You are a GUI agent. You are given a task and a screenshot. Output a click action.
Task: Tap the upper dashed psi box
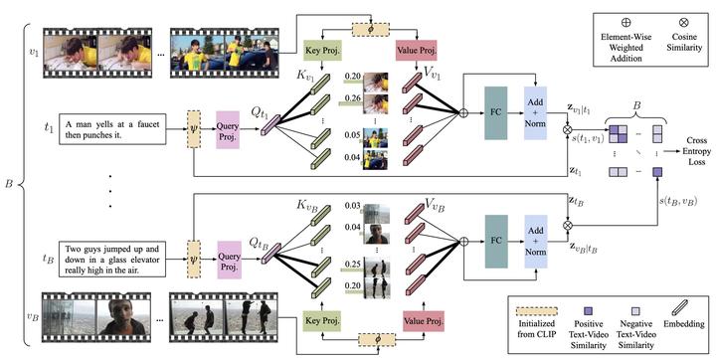point(195,129)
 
